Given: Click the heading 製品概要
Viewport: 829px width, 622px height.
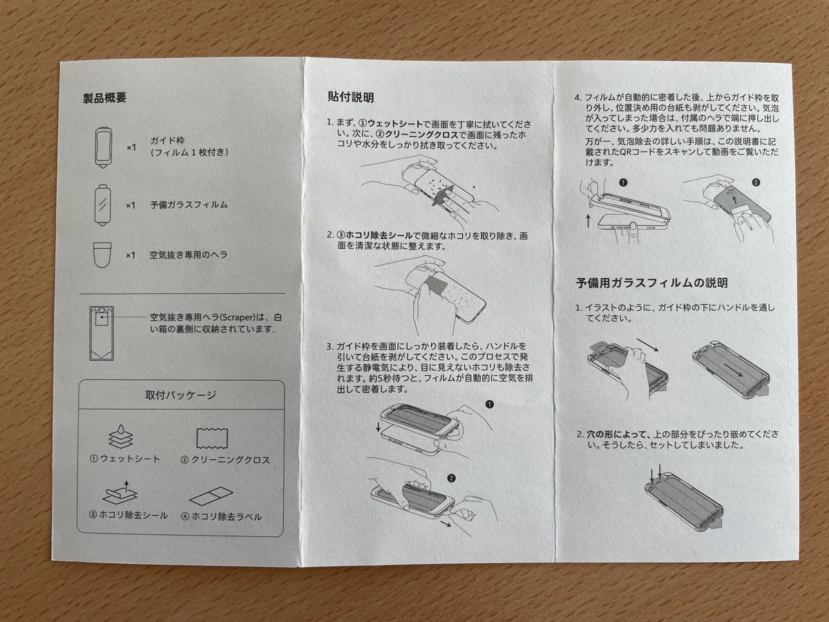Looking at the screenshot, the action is pos(104,98).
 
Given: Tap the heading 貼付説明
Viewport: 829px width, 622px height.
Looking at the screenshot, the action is pos(351,97).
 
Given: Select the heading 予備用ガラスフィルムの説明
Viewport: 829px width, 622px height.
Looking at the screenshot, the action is pos(651,283).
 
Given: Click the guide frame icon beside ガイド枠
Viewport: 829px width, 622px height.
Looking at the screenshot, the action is pos(103,147).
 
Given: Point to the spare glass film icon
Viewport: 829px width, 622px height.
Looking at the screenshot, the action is pos(103,205).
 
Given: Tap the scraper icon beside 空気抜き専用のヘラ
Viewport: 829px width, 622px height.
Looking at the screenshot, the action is pos(102,255).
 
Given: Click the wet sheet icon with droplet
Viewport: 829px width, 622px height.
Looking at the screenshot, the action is pos(121,436).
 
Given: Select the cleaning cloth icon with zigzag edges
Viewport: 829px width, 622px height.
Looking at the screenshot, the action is pos(212,438).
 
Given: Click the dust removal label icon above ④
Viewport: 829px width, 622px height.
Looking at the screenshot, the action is pos(211,496).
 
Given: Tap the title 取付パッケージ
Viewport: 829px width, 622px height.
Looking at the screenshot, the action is pos(180,395).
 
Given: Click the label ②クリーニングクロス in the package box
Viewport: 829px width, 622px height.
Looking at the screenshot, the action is pos(225,460).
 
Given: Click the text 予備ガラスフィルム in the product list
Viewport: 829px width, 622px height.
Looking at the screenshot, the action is pos(189,205).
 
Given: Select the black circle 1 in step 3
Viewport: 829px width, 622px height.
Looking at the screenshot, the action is pos(490,404).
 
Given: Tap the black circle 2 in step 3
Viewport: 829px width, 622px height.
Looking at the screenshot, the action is pos(451,478).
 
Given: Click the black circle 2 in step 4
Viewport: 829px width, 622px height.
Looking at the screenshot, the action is pos(756,182).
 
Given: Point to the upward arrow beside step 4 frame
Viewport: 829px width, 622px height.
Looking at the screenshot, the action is pos(588,221).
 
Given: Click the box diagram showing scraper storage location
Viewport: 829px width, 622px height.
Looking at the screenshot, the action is pos(102,334).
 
